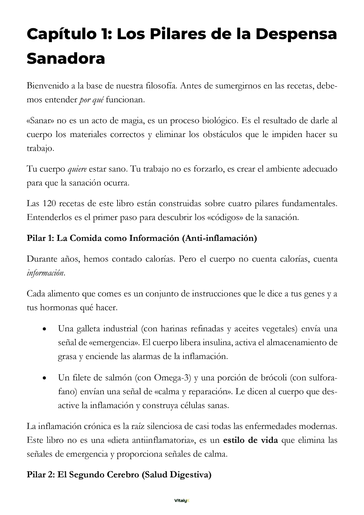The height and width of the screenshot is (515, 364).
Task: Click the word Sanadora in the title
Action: (x=66, y=59)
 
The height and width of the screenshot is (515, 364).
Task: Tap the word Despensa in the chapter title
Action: (x=296, y=34)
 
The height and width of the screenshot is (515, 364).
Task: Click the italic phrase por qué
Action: (x=91, y=100)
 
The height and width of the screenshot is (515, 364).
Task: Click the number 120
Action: (x=48, y=204)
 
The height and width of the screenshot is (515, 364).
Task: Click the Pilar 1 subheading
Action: (x=142, y=238)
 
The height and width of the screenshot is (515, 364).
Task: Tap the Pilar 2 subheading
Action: (x=119, y=475)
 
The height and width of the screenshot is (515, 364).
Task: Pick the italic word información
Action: (x=45, y=273)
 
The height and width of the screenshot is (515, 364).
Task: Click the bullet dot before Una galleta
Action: (x=45, y=329)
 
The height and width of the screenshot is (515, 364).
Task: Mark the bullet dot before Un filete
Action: (x=45, y=378)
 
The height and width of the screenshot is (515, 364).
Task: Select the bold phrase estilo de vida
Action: (x=250, y=440)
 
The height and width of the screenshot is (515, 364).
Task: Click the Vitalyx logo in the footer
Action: (x=182, y=501)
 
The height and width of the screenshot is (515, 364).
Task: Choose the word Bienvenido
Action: (x=47, y=86)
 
